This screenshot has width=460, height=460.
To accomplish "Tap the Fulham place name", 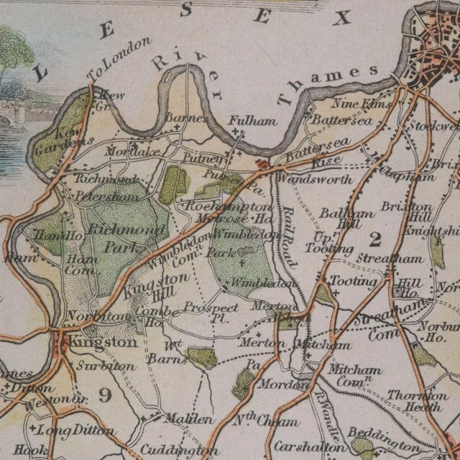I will coord(252,121).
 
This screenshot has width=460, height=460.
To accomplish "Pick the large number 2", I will coord(374,238).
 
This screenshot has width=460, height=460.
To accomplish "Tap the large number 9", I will coord(105,394).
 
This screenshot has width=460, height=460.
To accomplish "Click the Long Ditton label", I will coord(76,431).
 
